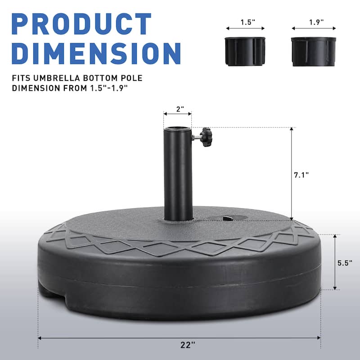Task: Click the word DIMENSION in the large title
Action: [x=96, y=53]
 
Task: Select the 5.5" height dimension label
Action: [x=345, y=263]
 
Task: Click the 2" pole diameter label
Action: [x=177, y=109]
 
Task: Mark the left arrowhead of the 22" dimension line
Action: [x=40, y=337]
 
